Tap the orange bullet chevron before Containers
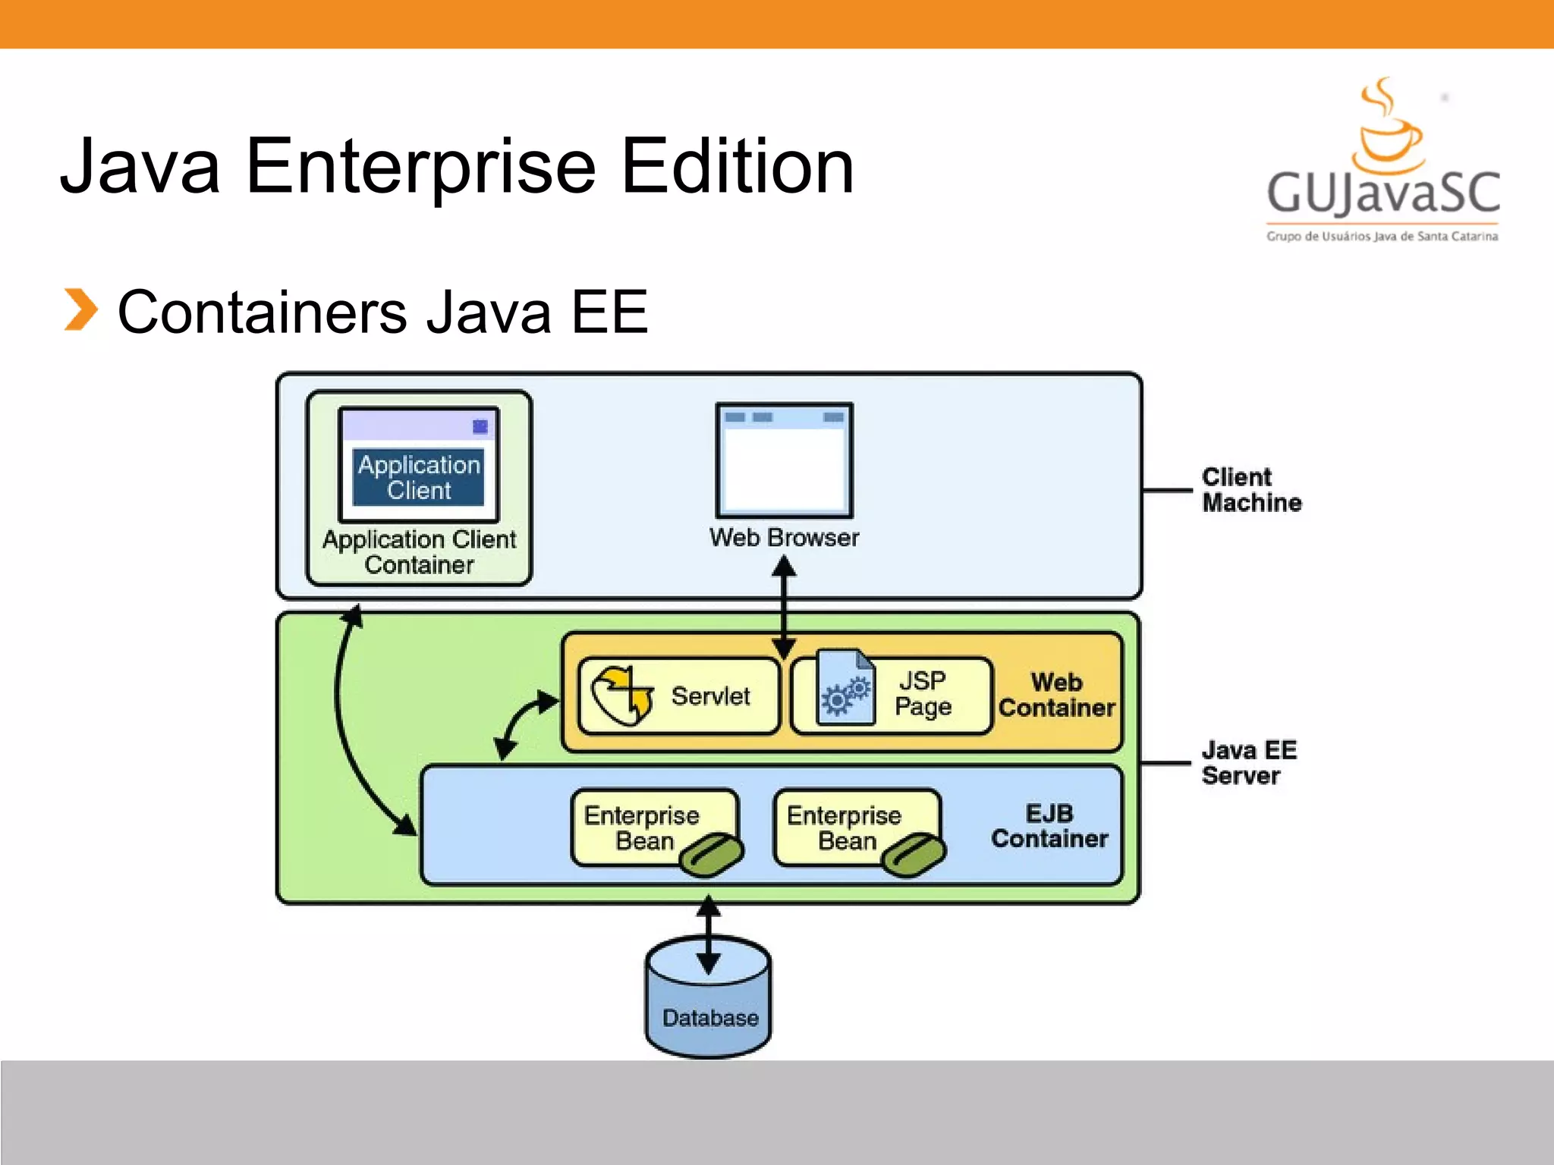pos(80,310)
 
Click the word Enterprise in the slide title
pos(420,166)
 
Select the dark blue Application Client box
pos(418,477)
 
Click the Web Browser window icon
pos(785,460)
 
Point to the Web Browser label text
pos(784,538)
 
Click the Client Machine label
pos(1251,490)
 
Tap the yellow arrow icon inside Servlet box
pos(622,695)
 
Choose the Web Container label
pos(1056,695)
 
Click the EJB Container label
pos(1049,826)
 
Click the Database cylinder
pos(709,1001)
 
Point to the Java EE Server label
pos(1249,763)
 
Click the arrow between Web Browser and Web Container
pos(784,607)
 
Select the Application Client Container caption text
pos(419,552)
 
